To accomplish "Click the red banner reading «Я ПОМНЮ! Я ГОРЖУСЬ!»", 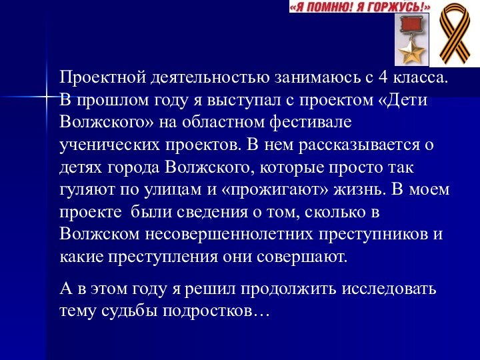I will [360, 7].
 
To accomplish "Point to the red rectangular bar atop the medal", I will [409, 26].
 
